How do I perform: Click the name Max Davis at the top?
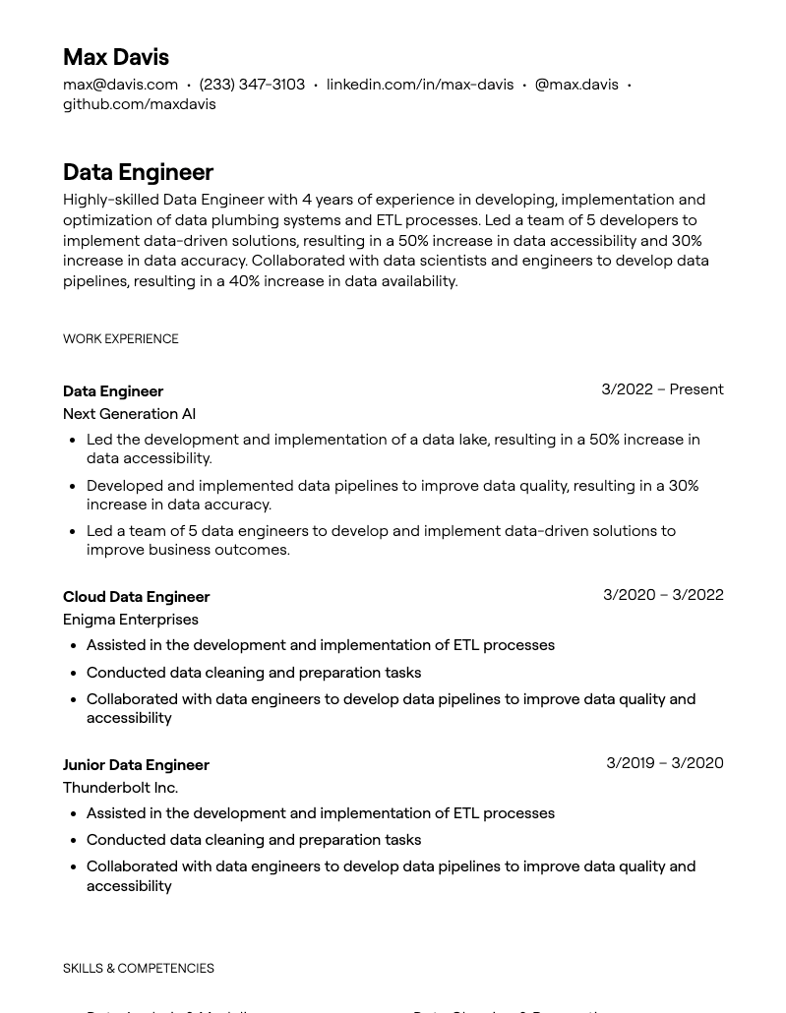click(x=115, y=57)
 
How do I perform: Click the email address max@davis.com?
click(x=120, y=85)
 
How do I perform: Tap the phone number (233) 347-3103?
click(x=252, y=85)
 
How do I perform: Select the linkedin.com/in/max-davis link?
click(x=419, y=85)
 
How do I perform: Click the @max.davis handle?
click(x=575, y=85)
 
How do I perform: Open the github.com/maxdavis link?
click(x=139, y=104)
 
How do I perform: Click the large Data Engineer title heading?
click(x=138, y=172)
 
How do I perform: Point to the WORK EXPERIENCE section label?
click(x=120, y=339)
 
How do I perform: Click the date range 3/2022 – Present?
click(x=662, y=389)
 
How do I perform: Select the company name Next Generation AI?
click(x=129, y=414)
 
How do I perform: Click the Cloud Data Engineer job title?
click(x=136, y=597)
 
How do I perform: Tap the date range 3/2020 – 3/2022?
click(x=663, y=595)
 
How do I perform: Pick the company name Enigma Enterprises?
click(x=130, y=620)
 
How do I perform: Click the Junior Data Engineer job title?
click(x=136, y=765)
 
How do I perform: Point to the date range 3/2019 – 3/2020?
click(x=664, y=763)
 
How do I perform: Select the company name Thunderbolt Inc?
click(x=120, y=788)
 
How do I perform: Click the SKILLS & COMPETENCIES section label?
click(x=138, y=969)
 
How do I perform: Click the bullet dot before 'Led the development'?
click(x=73, y=441)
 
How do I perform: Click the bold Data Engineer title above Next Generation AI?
click(x=112, y=391)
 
